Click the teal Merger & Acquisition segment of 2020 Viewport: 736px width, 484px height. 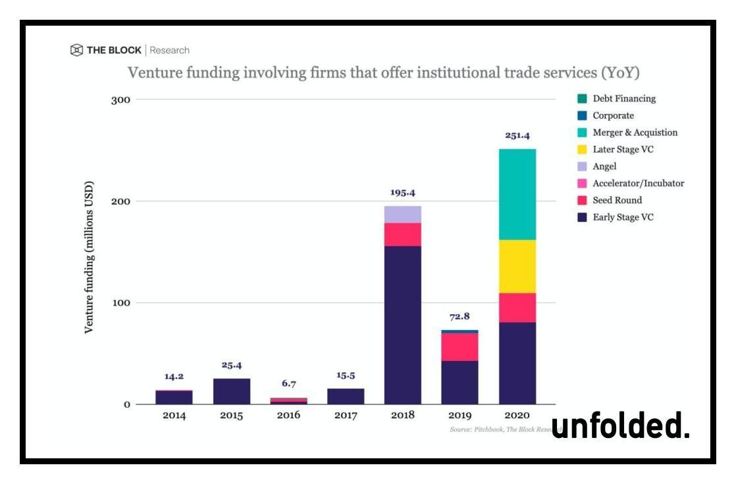coord(517,194)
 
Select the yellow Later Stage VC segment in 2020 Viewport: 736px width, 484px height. coord(517,266)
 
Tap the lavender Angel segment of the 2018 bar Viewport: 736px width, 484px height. coord(402,214)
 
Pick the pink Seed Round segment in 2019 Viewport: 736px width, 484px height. coord(460,346)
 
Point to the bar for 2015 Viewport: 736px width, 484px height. coord(231,391)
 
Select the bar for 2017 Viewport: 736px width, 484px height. coord(346,396)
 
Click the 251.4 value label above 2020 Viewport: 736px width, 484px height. coord(517,136)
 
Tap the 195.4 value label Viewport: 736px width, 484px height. coord(402,193)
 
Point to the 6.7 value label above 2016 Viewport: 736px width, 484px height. coord(288,383)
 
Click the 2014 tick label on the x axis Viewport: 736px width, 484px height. coord(174,416)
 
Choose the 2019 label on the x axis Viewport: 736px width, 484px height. coord(460,416)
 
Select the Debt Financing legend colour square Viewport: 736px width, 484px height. coord(581,99)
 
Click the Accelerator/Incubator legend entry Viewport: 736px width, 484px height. coord(638,183)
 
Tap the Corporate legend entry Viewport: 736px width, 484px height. coord(613,115)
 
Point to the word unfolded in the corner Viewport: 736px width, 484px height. coord(620,427)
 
